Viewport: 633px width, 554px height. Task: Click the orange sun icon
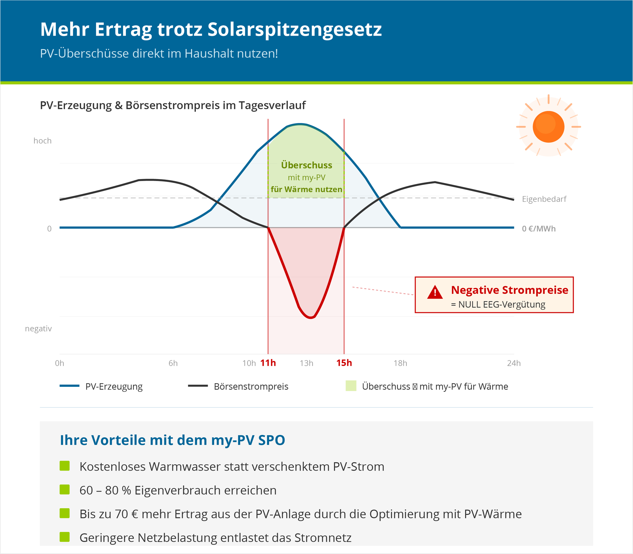(x=548, y=127)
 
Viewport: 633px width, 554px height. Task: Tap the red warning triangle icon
(x=435, y=292)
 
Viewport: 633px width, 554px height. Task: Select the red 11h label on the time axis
(x=268, y=363)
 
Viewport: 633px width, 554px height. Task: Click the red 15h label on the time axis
(x=344, y=363)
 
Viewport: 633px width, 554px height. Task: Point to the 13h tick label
(x=306, y=363)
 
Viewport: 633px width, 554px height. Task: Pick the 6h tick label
(x=173, y=363)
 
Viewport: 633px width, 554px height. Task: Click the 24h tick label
(x=514, y=363)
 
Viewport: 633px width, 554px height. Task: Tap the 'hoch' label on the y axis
(x=43, y=141)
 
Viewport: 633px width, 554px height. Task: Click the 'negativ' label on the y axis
(x=38, y=329)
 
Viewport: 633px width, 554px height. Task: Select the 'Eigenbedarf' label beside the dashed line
(x=544, y=199)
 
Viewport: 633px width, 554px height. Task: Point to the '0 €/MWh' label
(x=539, y=229)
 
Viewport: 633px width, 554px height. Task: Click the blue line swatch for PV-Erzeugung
(x=70, y=386)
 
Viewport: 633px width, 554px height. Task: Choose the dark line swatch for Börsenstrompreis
(x=198, y=386)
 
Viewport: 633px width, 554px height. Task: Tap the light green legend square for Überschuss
(x=351, y=386)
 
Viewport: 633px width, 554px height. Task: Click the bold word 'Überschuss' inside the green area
(x=307, y=165)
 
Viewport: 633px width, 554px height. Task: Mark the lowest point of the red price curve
(x=311, y=318)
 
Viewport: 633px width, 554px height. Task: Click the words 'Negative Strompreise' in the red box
(x=509, y=290)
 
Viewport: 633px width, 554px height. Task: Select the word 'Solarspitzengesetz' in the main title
(x=294, y=29)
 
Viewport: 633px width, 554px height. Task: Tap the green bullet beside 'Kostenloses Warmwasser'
(x=65, y=466)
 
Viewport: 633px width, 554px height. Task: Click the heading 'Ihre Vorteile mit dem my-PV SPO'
(x=172, y=440)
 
